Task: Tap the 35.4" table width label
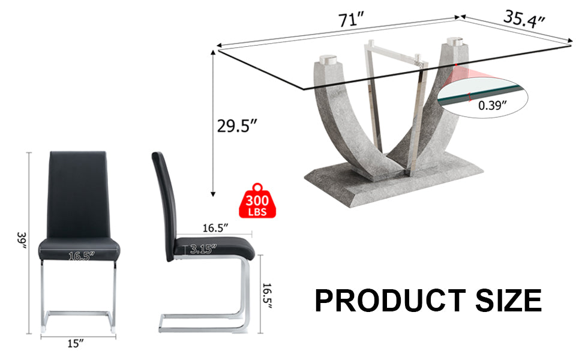[x=524, y=19]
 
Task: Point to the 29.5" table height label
[x=237, y=127]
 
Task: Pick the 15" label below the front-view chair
[x=76, y=343]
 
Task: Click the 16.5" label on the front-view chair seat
[x=82, y=256]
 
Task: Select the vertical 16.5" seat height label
[x=268, y=296]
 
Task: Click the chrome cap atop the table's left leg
[x=328, y=60]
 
